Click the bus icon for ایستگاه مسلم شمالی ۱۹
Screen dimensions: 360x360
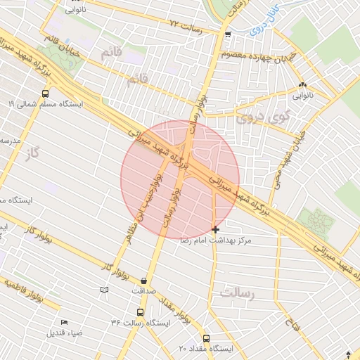pyautogui.click(x=46, y=93)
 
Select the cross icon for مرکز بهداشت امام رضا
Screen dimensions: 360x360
pyautogui.click(x=215, y=229)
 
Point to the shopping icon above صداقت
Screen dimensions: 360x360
pyautogui.click(x=144, y=280)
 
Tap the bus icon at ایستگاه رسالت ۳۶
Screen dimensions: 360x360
pyautogui.click(x=140, y=312)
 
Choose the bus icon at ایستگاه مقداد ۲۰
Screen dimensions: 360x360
pyautogui.click(x=206, y=338)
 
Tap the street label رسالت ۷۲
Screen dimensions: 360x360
pyautogui.click(x=186, y=27)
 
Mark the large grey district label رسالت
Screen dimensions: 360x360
pyautogui.click(x=236, y=291)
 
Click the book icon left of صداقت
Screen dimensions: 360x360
pyautogui.click(x=105, y=290)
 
